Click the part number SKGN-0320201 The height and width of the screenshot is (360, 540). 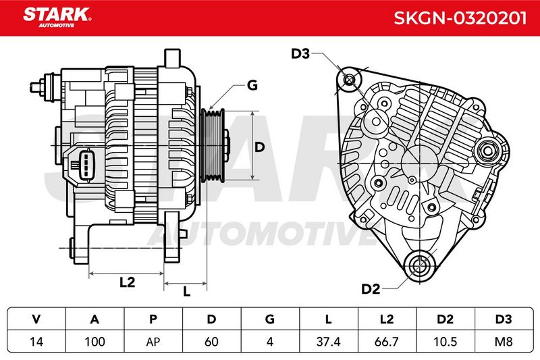[x=460, y=18]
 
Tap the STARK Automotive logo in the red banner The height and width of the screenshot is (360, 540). [x=57, y=18]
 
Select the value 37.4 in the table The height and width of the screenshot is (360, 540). [x=329, y=342]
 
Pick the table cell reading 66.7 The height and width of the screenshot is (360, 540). [x=387, y=342]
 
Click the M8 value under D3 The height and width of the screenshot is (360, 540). [x=504, y=342]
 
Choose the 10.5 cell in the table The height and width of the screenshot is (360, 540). [x=446, y=342]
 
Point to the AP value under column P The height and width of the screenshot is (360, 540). [x=153, y=342]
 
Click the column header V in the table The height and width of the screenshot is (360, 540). [x=36, y=319]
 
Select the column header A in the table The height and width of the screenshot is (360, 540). [x=94, y=319]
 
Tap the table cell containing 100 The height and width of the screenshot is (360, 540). [x=94, y=342]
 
